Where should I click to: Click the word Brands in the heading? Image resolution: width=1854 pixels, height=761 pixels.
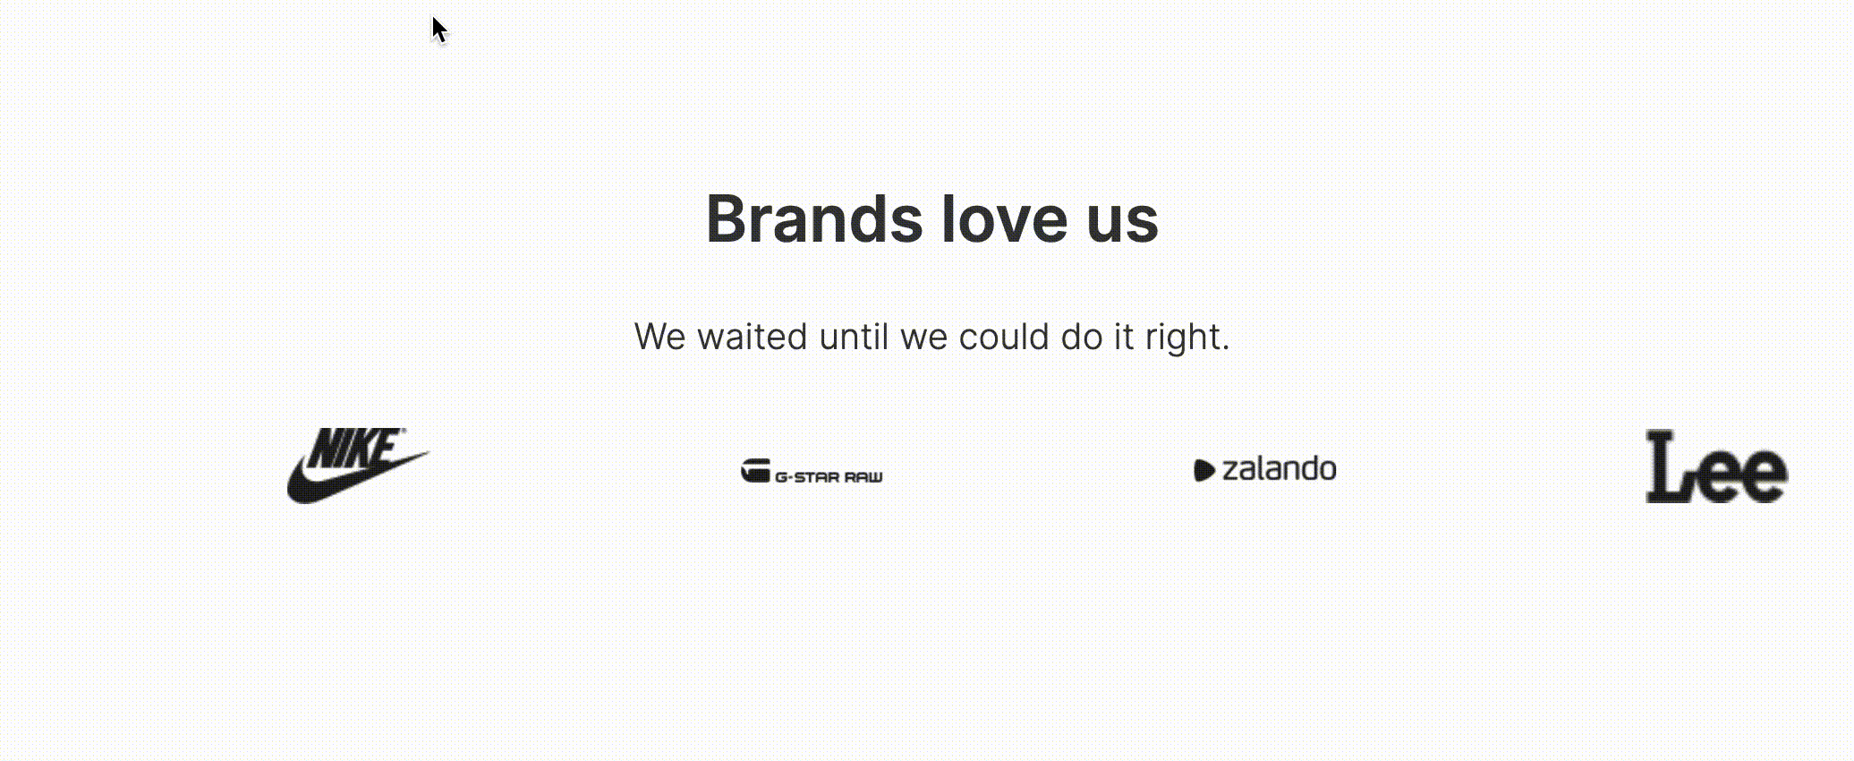pyautogui.click(x=813, y=219)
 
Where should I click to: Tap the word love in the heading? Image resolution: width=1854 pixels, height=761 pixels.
pyautogui.click(x=1004, y=219)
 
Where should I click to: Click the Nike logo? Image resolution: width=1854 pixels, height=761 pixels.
pyautogui.click(x=358, y=466)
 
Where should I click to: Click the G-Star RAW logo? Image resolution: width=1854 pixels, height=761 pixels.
pyautogui.click(x=812, y=472)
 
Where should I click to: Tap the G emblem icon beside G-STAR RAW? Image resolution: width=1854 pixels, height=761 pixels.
pyautogui.click(x=755, y=471)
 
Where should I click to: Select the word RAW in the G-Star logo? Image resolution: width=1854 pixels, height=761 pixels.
pyautogui.click(x=863, y=477)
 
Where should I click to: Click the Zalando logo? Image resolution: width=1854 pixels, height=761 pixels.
pyautogui.click(x=1264, y=469)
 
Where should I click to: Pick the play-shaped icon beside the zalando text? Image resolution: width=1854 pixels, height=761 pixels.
pyautogui.click(x=1203, y=471)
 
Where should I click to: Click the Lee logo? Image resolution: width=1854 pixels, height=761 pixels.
pyautogui.click(x=1716, y=466)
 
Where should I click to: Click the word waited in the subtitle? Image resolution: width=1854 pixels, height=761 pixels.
pyautogui.click(x=752, y=338)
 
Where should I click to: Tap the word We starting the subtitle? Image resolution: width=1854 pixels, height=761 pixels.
pyautogui.click(x=660, y=338)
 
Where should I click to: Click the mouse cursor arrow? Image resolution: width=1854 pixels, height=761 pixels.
pyautogui.click(x=438, y=28)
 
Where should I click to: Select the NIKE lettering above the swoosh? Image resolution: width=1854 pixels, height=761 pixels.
pyautogui.click(x=357, y=449)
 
